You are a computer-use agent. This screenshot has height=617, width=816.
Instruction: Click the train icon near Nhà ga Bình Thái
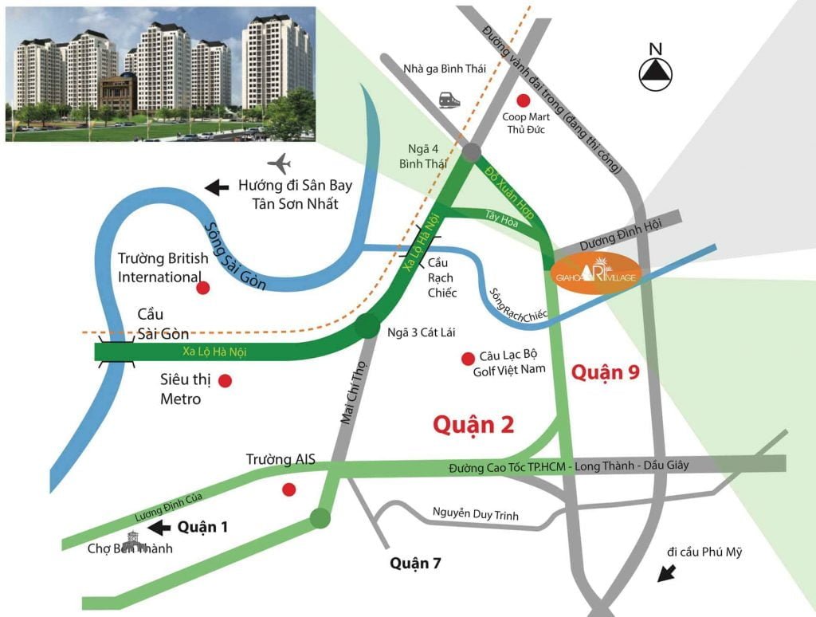coord(449,100)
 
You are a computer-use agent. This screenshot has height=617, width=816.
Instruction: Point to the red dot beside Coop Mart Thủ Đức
coord(524,100)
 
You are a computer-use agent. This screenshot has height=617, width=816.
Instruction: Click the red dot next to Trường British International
coord(203,287)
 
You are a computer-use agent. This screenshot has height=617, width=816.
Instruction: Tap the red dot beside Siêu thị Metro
coord(226,381)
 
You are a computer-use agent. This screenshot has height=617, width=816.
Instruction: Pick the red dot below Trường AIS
coord(289,489)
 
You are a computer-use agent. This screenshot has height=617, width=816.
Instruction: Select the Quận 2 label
coord(473,425)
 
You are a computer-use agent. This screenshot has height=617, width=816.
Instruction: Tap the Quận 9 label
coord(606,371)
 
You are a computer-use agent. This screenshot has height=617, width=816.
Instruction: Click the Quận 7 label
coord(415,564)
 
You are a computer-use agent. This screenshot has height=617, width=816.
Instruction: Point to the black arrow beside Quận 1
coord(161,527)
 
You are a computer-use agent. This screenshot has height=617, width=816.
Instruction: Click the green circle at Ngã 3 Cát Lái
coord(367,325)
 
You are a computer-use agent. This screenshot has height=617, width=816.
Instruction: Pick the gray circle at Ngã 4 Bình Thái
coord(472,152)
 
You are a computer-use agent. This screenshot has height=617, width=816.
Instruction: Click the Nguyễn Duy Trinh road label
coord(476,515)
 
